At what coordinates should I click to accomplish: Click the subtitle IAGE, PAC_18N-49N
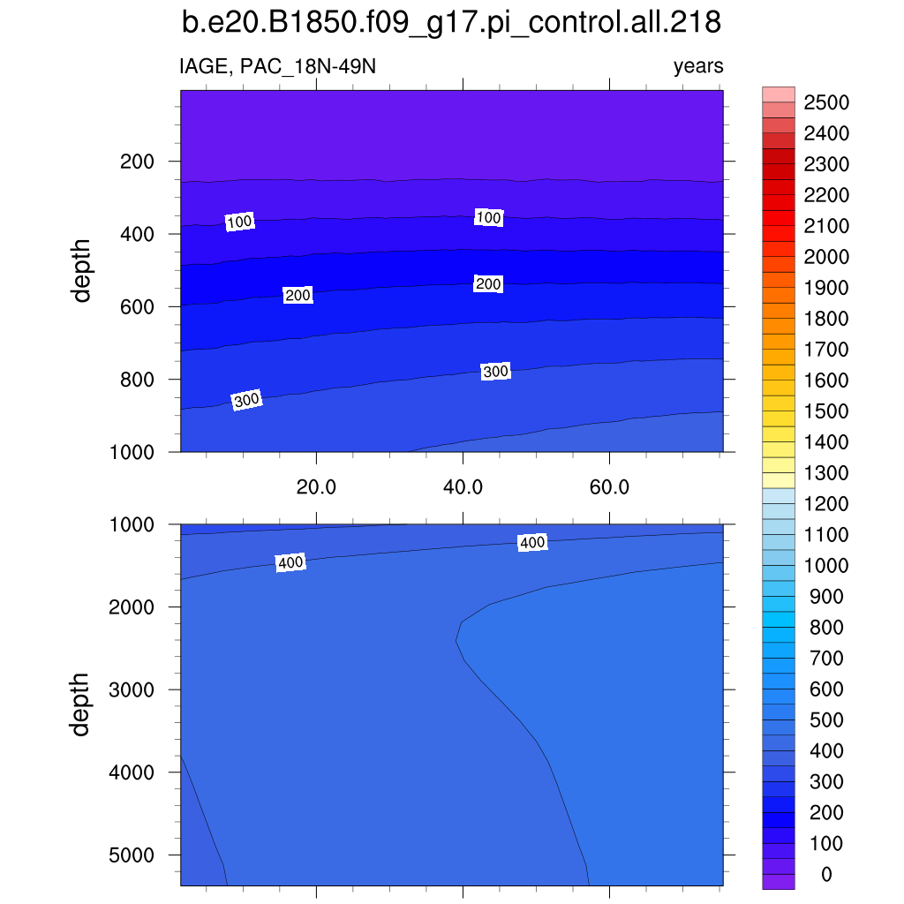tap(277, 66)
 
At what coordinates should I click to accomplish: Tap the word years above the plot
tap(697, 66)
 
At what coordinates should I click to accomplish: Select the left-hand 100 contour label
tap(240, 222)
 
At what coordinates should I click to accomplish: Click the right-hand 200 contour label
tap(488, 284)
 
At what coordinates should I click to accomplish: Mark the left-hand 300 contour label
tap(247, 401)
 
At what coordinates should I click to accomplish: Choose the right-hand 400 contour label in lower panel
tap(532, 543)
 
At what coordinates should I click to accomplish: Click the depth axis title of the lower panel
tap(82, 704)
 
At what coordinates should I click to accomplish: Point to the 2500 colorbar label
tap(825, 103)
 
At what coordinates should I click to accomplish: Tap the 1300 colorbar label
tap(825, 473)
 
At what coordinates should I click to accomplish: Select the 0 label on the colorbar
tap(825, 875)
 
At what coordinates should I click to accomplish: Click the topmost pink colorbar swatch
tap(779, 94)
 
